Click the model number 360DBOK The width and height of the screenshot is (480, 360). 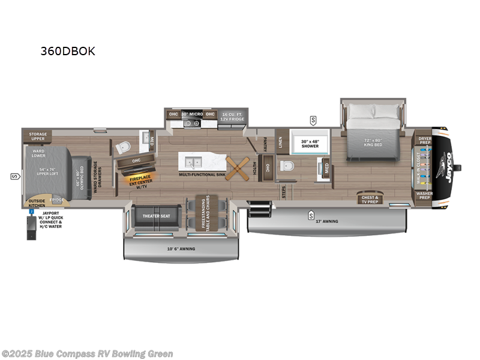(x=68, y=52)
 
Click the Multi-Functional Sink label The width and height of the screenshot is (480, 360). (x=202, y=175)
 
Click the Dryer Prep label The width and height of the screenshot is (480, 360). (x=424, y=140)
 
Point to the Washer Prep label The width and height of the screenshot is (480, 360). (x=424, y=194)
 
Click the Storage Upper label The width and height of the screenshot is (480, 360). (x=38, y=136)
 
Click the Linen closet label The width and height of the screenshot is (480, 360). (x=280, y=142)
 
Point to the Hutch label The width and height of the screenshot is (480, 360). (x=254, y=167)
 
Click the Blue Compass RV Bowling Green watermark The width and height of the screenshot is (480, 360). (x=87, y=354)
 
